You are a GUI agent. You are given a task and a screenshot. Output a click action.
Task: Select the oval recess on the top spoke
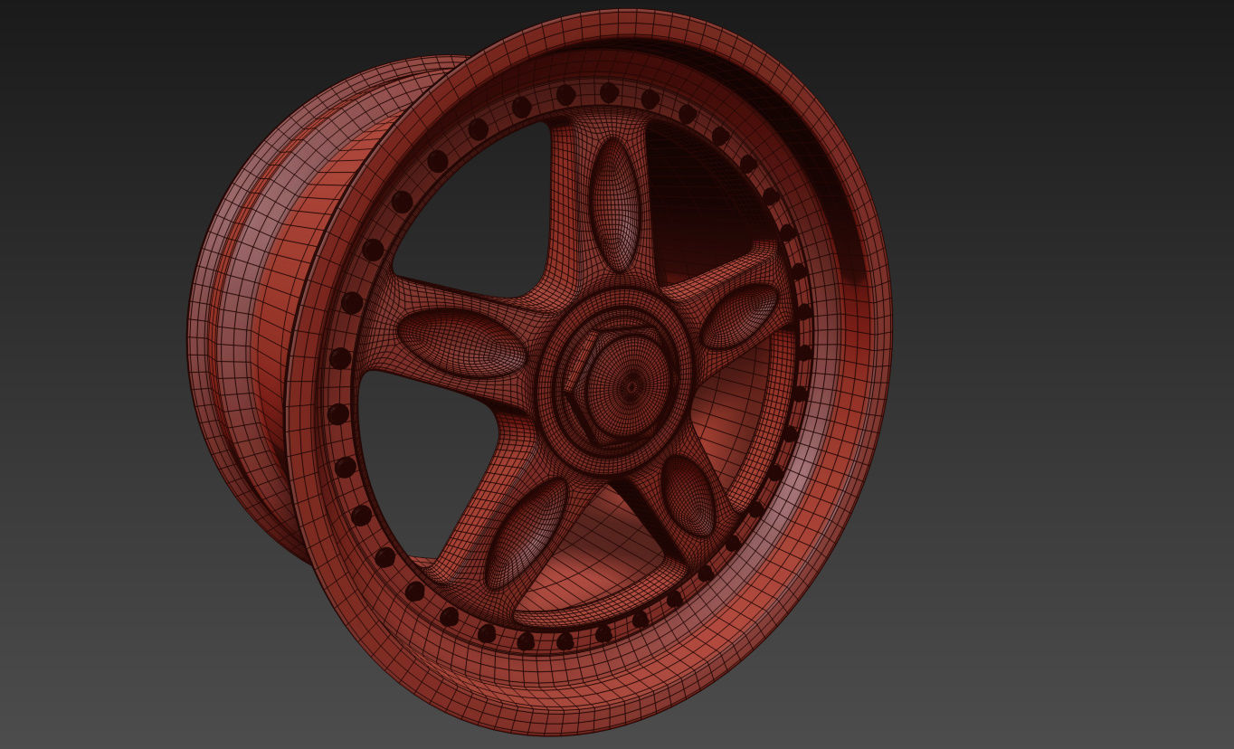point(615,204)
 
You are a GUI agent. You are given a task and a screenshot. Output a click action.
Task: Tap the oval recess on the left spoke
point(461,343)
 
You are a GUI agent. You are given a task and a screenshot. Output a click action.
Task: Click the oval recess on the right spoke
point(740,316)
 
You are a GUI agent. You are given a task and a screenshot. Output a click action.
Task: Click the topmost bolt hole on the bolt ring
point(609,92)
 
